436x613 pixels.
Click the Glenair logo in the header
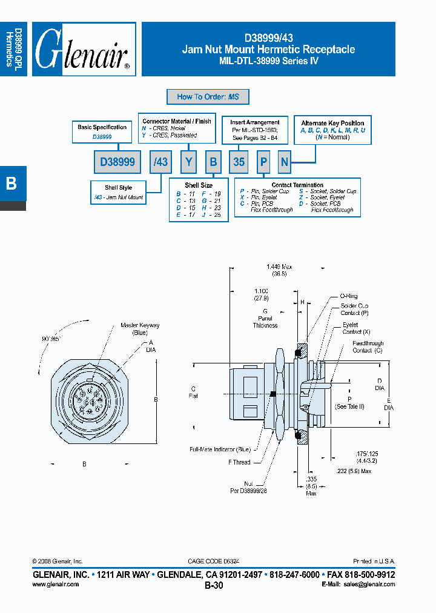click(83, 50)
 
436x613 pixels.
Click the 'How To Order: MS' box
click(208, 97)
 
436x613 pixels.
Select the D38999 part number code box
click(116, 162)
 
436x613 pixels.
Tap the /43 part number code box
click(160, 162)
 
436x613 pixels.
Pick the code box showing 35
click(239, 162)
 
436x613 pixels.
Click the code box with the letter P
click(263, 162)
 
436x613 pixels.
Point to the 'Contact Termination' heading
click(297, 185)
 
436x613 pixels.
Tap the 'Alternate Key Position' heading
click(332, 123)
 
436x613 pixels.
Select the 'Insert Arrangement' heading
click(255, 122)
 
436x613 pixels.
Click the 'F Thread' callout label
click(239, 462)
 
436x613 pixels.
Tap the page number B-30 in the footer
click(214, 585)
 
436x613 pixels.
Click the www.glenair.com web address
click(54, 585)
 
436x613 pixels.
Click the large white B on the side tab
click(11, 184)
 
